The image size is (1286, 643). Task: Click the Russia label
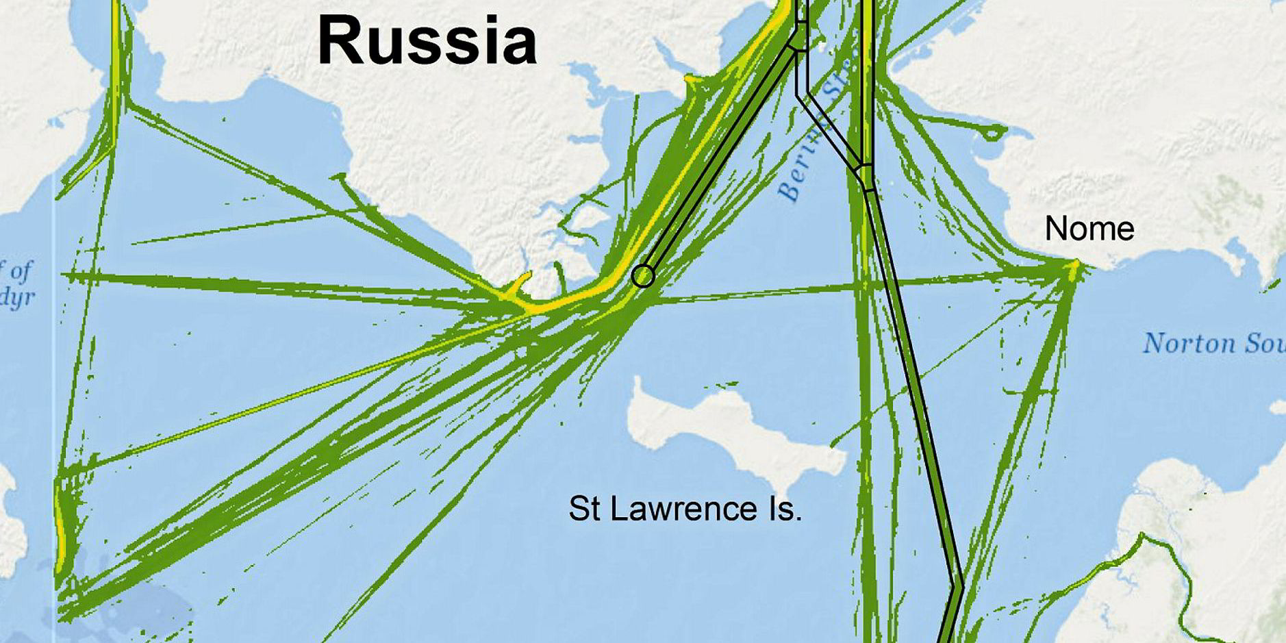(x=427, y=41)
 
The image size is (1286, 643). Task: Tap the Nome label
(x=1089, y=229)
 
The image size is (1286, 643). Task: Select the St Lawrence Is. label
(x=685, y=509)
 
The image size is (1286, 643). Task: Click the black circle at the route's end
(x=643, y=275)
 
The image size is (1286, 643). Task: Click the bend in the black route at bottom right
(x=957, y=586)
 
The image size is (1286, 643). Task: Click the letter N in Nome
(x=1055, y=229)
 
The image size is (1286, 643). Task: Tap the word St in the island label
(x=582, y=509)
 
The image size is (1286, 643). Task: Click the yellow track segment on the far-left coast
(x=60, y=534)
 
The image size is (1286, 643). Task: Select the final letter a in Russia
(x=518, y=45)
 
